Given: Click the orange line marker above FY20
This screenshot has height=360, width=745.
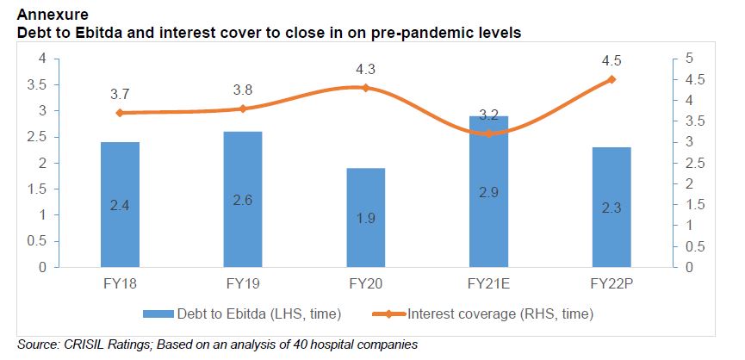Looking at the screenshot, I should (x=365, y=88).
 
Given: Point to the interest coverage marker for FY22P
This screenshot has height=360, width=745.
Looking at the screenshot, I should (x=612, y=79).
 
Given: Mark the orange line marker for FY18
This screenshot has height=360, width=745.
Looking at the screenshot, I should (x=119, y=113).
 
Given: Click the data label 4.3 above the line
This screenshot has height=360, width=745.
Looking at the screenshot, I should (x=365, y=68).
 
